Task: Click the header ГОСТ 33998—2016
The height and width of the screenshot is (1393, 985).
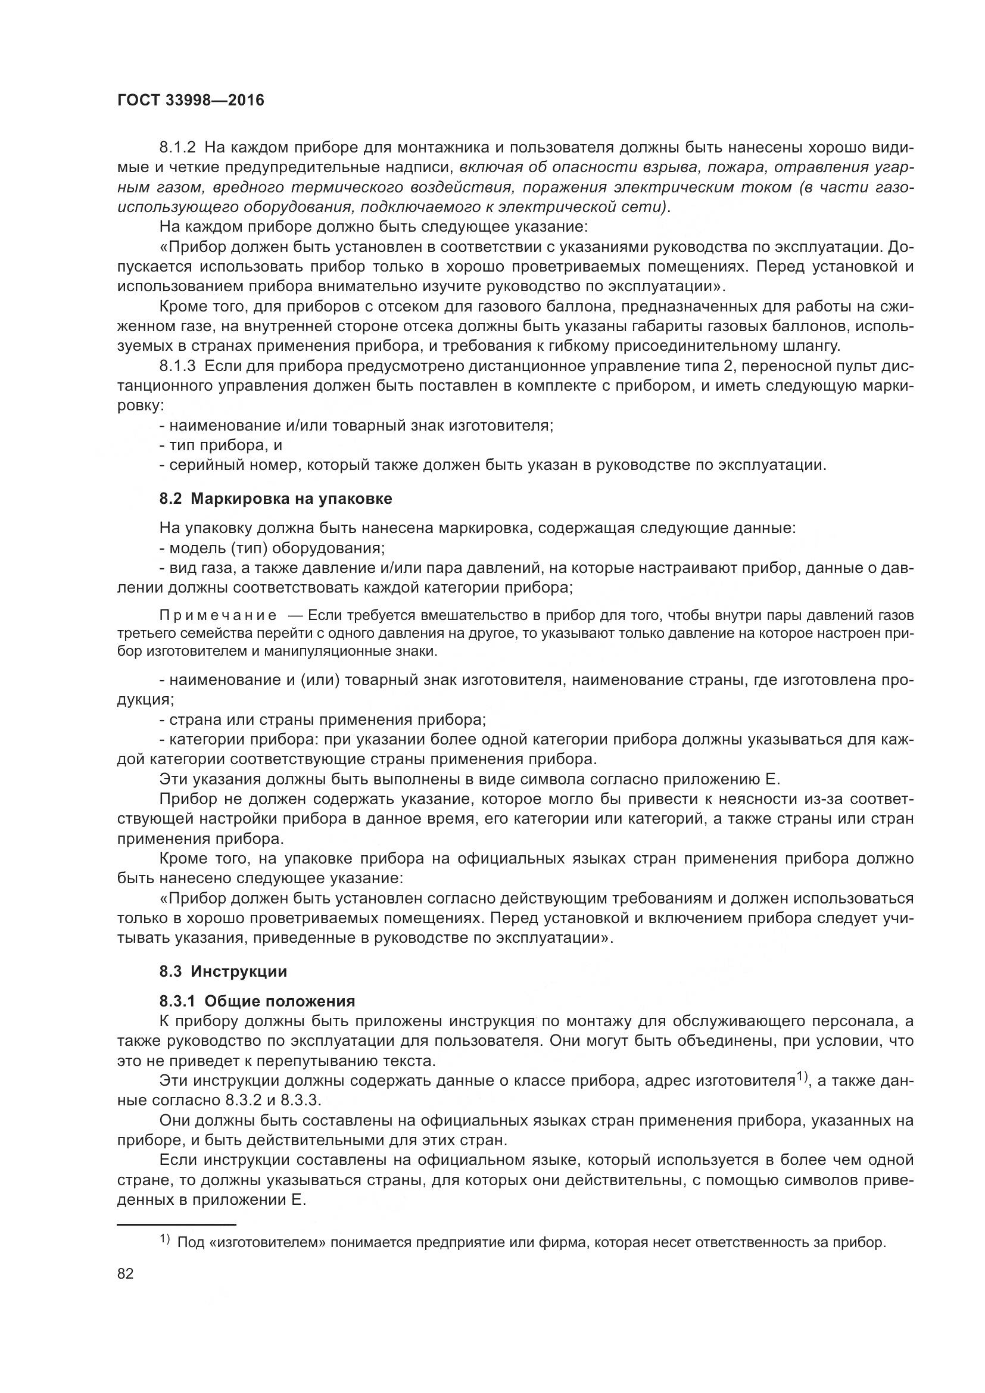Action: coord(191,100)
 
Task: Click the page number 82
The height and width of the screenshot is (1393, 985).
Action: coord(125,1273)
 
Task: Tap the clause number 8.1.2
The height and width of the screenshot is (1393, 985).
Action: coord(177,148)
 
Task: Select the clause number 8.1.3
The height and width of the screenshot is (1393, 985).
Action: coord(177,366)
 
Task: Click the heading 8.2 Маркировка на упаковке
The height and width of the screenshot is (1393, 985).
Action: coord(276,498)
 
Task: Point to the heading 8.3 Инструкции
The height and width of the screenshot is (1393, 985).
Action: coord(223,971)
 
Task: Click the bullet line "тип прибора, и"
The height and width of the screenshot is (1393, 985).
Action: coord(222,445)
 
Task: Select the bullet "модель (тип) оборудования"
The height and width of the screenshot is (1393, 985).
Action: coord(273,548)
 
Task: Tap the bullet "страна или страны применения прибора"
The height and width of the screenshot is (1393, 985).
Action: coord(323,719)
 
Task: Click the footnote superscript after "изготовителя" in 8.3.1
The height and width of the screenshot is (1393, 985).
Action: coord(802,1076)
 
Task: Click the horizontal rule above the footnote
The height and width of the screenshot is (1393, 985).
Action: coord(176,1224)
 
